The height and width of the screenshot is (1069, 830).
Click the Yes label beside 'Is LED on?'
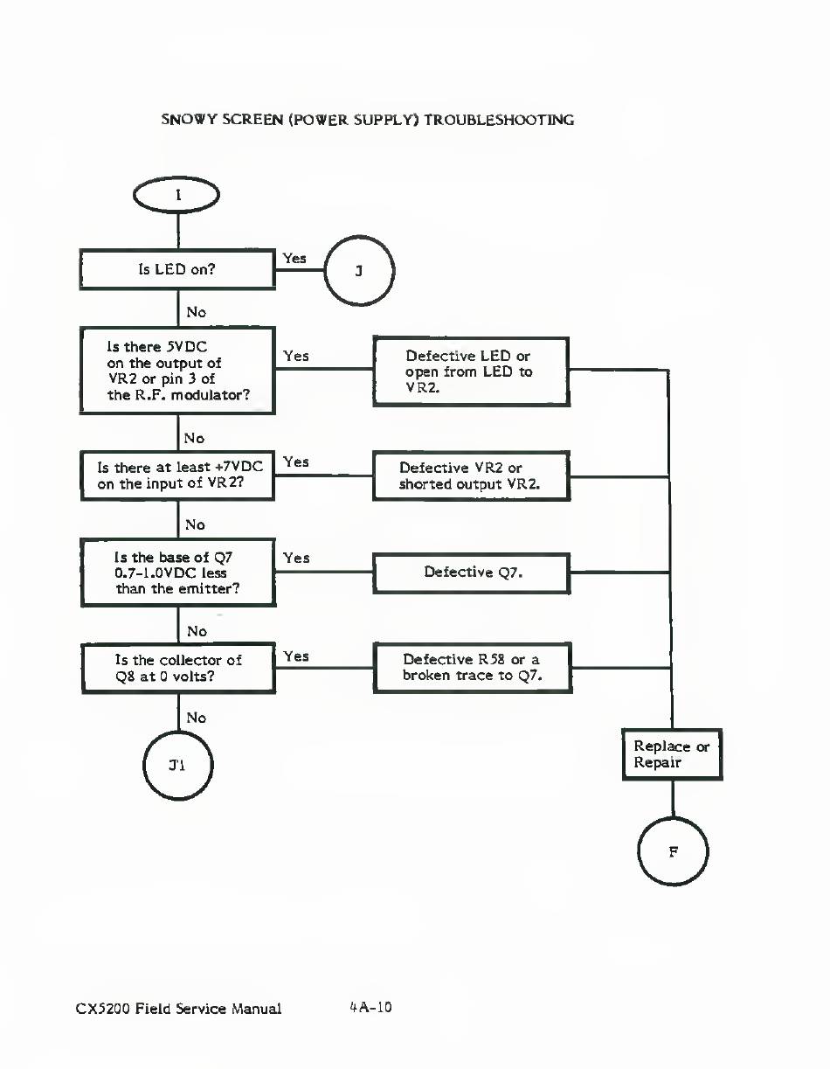tap(294, 258)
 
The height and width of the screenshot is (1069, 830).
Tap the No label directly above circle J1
tap(197, 718)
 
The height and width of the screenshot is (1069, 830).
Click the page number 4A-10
tap(370, 1007)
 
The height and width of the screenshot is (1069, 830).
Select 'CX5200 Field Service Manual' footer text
tap(178, 1009)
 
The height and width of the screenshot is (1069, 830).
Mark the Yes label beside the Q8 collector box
tap(296, 656)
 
